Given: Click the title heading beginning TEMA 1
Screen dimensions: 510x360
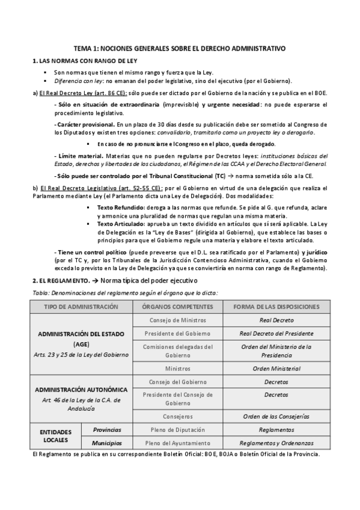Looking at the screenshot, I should pyautogui.click(x=180, y=47).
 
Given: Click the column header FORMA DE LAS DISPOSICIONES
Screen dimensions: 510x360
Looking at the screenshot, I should pyautogui.click(x=276, y=306).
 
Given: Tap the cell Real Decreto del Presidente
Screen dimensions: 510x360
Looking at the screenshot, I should pyautogui.click(x=276, y=333).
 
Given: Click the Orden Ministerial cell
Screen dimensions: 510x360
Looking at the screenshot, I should pyautogui.click(x=276, y=368).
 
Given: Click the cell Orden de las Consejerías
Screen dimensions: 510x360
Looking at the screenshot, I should pyautogui.click(x=276, y=416).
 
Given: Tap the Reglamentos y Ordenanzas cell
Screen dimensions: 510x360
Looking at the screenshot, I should pyautogui.click(x=276, y=443).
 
